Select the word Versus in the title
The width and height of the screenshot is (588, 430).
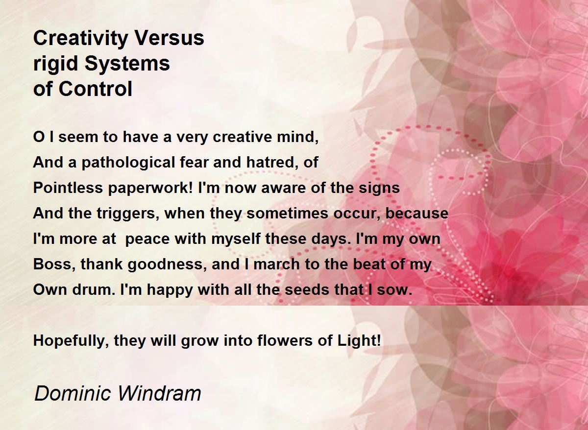point(170,38)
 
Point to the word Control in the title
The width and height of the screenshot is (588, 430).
point(95,89)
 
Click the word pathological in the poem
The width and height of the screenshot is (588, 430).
point(128,163)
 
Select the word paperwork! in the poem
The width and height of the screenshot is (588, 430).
point(150,189)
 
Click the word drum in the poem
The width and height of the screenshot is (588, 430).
point(94,289)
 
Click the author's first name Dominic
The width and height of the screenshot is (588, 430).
point(73,394)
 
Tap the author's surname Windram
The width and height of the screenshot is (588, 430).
point(159,394)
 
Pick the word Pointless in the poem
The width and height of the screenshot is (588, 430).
point(68,188)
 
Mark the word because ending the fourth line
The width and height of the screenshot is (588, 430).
point(417,214)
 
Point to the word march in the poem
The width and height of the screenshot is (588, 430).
point(276,264)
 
